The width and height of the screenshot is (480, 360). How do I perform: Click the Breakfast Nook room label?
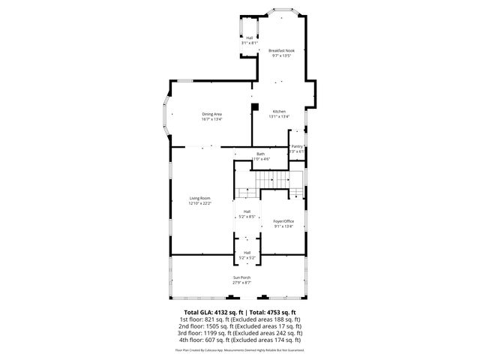[x=281, y=50]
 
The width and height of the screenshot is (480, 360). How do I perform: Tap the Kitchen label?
[x=280, y=111]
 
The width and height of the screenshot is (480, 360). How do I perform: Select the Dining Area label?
[x=211, y=114]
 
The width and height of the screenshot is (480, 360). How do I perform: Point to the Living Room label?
[x=199, y=198]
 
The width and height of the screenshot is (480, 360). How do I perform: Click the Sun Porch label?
[x=241, y=277]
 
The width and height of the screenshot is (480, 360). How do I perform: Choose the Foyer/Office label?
[x=283, y=221]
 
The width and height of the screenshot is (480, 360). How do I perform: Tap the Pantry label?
[x=298, y=146]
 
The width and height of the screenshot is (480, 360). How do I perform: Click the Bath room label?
[x=260, y=154]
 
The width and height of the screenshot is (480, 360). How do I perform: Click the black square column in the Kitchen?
[x=256, y=107]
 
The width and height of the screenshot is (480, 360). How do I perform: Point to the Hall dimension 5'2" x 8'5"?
[x=247, y=217]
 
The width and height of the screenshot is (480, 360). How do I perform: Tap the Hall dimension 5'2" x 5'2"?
[x=247, y=258]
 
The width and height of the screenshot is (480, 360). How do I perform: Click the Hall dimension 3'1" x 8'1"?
[x=249, y=43]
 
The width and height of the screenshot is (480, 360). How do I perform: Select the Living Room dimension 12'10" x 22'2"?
[x=199, y=203]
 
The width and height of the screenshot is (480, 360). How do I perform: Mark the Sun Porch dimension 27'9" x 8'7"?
[x=241, y=283]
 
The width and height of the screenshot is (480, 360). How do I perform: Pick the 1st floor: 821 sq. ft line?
[x=240, y=319]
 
